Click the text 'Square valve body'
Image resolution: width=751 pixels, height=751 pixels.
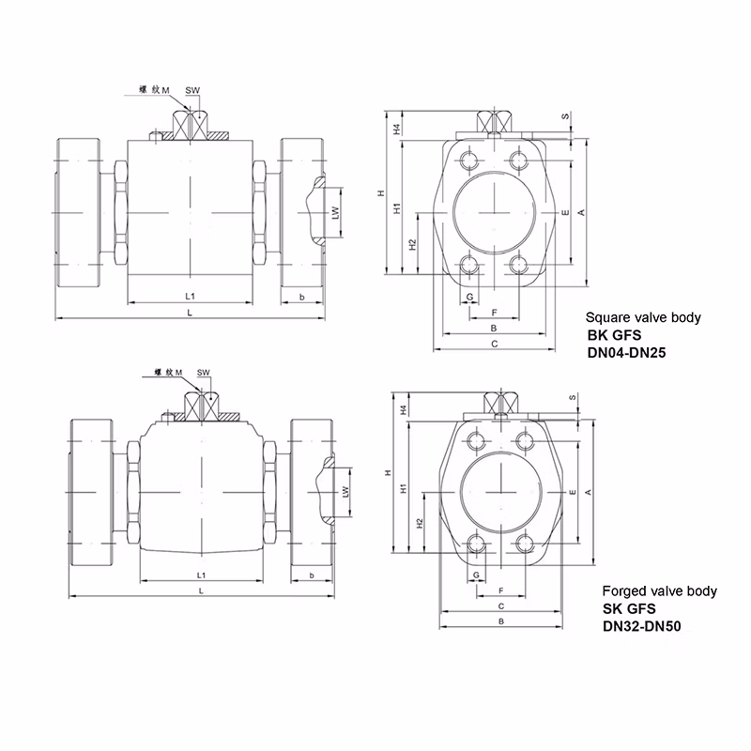click(x=643, y=318)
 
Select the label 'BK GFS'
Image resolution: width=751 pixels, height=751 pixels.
click(x=612, y=335)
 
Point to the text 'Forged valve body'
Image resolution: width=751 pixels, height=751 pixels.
click(x=659, y=591)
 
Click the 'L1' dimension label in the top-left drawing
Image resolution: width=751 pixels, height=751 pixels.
click(x=191, y=296)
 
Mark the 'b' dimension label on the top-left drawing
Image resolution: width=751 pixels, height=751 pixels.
click(x=301, y=297)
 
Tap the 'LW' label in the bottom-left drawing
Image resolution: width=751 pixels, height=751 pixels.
click(x=346, y=491)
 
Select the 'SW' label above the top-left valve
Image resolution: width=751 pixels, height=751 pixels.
click(x=192, y=90)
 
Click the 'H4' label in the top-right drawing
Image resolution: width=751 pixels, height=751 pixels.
click(x=397, y=128)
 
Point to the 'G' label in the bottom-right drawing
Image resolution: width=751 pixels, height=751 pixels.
click(x=478, y=573)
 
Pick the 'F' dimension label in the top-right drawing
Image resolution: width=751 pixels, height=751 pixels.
click(x=494, y=311)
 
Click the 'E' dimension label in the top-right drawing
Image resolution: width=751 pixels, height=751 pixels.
click(x=564, y=214)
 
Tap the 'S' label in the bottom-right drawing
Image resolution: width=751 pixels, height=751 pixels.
click(x=572, y=398)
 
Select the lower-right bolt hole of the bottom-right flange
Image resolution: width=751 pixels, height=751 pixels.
click(x=524, y=542)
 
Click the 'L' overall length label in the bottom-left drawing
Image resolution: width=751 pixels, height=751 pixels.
click(x=202, y=589)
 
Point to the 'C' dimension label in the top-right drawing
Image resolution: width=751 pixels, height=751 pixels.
click(x=494, y=345)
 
